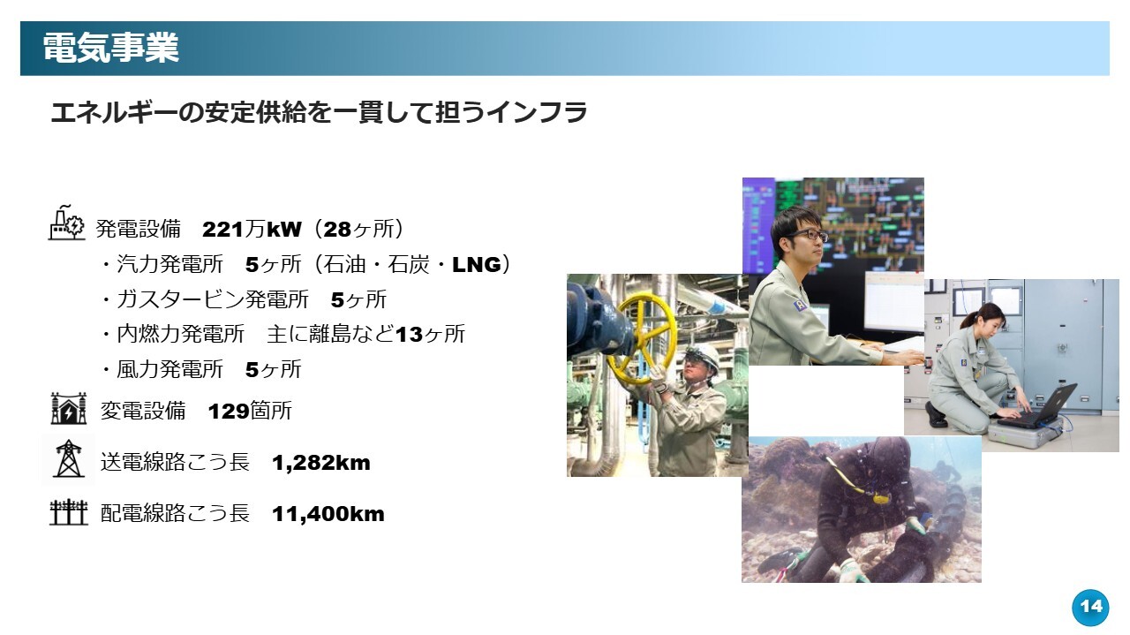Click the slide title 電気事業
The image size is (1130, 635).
tap(111, 49)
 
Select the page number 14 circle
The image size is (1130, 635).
tap(1090, 607)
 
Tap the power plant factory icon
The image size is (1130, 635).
tap(66, 223)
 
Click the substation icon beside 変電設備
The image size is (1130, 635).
tap(69, 408)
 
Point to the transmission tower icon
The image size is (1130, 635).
tap(69, 459)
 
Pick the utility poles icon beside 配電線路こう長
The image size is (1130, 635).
tap(69, 512)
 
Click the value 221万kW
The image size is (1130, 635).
tap(252, 229)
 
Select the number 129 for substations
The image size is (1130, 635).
tap(228, 412)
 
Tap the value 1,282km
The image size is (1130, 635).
tap(320, 463)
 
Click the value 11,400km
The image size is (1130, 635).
tap(328, 514)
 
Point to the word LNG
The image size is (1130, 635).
tap(477, 264)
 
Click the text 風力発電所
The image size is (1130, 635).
tap(169, 369)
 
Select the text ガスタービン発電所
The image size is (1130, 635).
tap(213, 299)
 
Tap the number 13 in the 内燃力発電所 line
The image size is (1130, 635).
tap(409, 334)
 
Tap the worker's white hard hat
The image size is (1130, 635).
tap(704, 355)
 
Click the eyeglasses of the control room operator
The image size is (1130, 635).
tap(809, 235)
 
